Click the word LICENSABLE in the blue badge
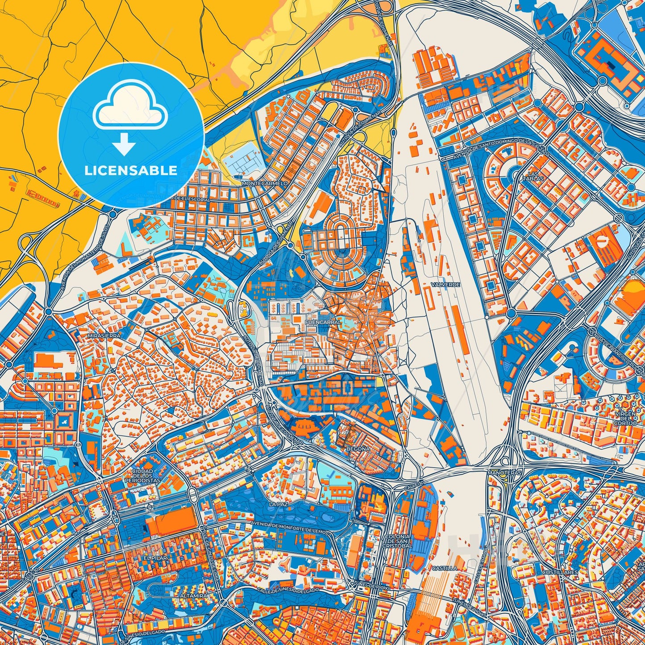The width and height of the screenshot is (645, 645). click(x=131, y=170)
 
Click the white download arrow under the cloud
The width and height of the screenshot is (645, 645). click(x=125, y=144)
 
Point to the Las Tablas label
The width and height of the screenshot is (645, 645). click(x=535, y=176)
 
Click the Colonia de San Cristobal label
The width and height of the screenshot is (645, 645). click(x=396, y=541)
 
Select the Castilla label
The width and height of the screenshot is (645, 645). click(x=445, y=568)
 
